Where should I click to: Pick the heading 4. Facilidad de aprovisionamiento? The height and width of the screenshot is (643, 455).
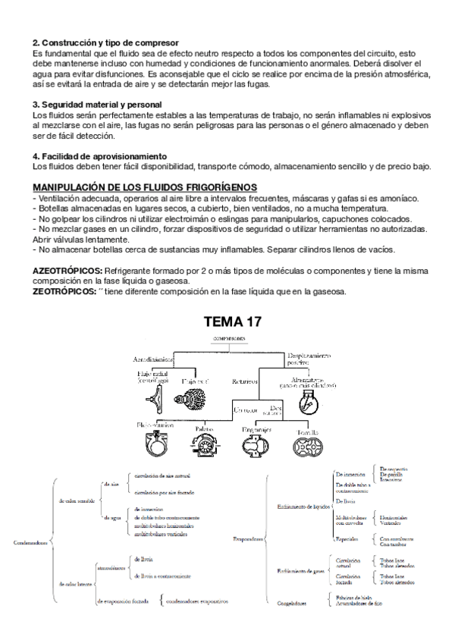coord(104,155)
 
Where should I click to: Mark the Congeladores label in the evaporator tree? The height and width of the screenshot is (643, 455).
coord(292,604)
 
